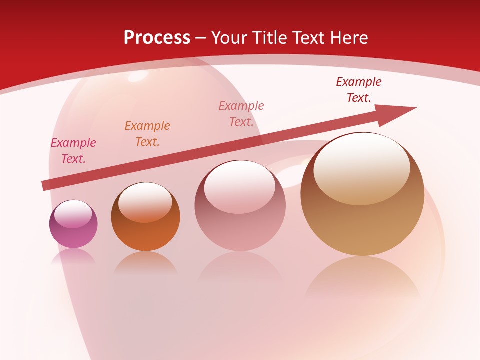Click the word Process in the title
click(157, 38)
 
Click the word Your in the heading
click(230, 38)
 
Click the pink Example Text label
click(73, 151)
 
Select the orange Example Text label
click(147, 134)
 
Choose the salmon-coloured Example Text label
click(241, 114)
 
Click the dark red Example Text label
click(359, 90)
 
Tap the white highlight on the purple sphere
click(73, 214)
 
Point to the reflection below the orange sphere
click(145, 263)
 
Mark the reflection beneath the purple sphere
click(73, 256)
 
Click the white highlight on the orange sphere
click(145, 201)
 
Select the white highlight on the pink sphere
click(240, 186)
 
